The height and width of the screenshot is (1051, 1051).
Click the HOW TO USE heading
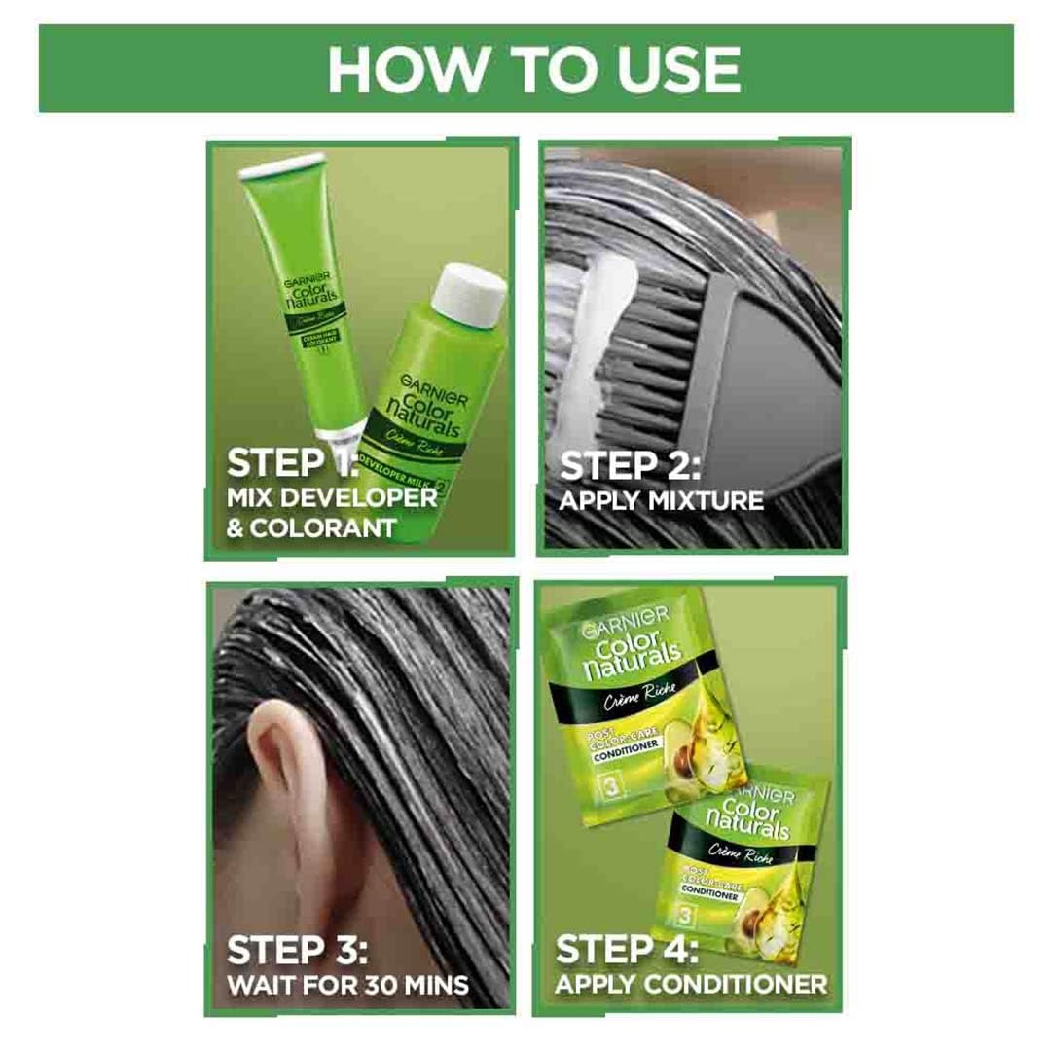pos(533,68)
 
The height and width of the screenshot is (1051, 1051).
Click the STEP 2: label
pos(631,465)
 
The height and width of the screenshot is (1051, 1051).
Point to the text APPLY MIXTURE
pos(662,502)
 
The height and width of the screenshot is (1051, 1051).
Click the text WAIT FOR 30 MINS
pos(348,984)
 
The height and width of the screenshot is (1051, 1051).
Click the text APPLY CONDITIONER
pos(691,984)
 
